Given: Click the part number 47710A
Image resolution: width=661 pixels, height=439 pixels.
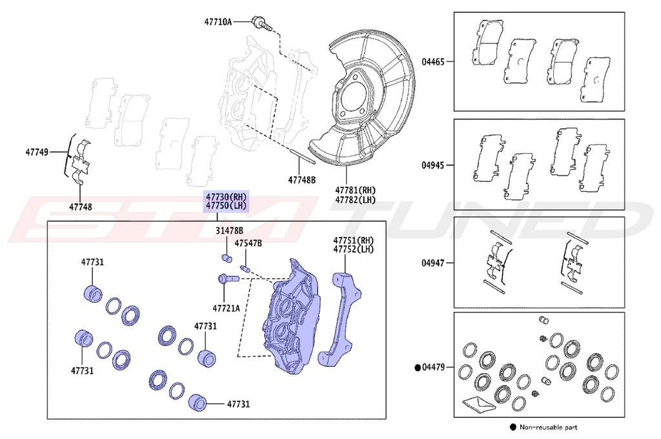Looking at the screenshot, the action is pyautogui.click(x=218, y=21).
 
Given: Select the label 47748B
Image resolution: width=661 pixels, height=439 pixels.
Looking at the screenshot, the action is pyautogui.click(x=302, y=180).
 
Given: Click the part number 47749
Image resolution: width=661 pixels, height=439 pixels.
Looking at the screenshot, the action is pyautogui.click(x=37, y=152).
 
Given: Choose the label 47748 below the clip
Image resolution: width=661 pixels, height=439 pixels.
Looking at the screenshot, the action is pyautogui.click(x=81, y=207).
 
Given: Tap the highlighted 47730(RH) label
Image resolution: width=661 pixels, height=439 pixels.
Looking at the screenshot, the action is pyautogui.click(x=226, y=196).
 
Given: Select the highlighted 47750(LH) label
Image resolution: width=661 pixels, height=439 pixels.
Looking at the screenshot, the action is pyautogui.click(x=226, y=205).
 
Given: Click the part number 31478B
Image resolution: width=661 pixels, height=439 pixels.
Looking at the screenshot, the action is pyautogui.click(x=230, y=230).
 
